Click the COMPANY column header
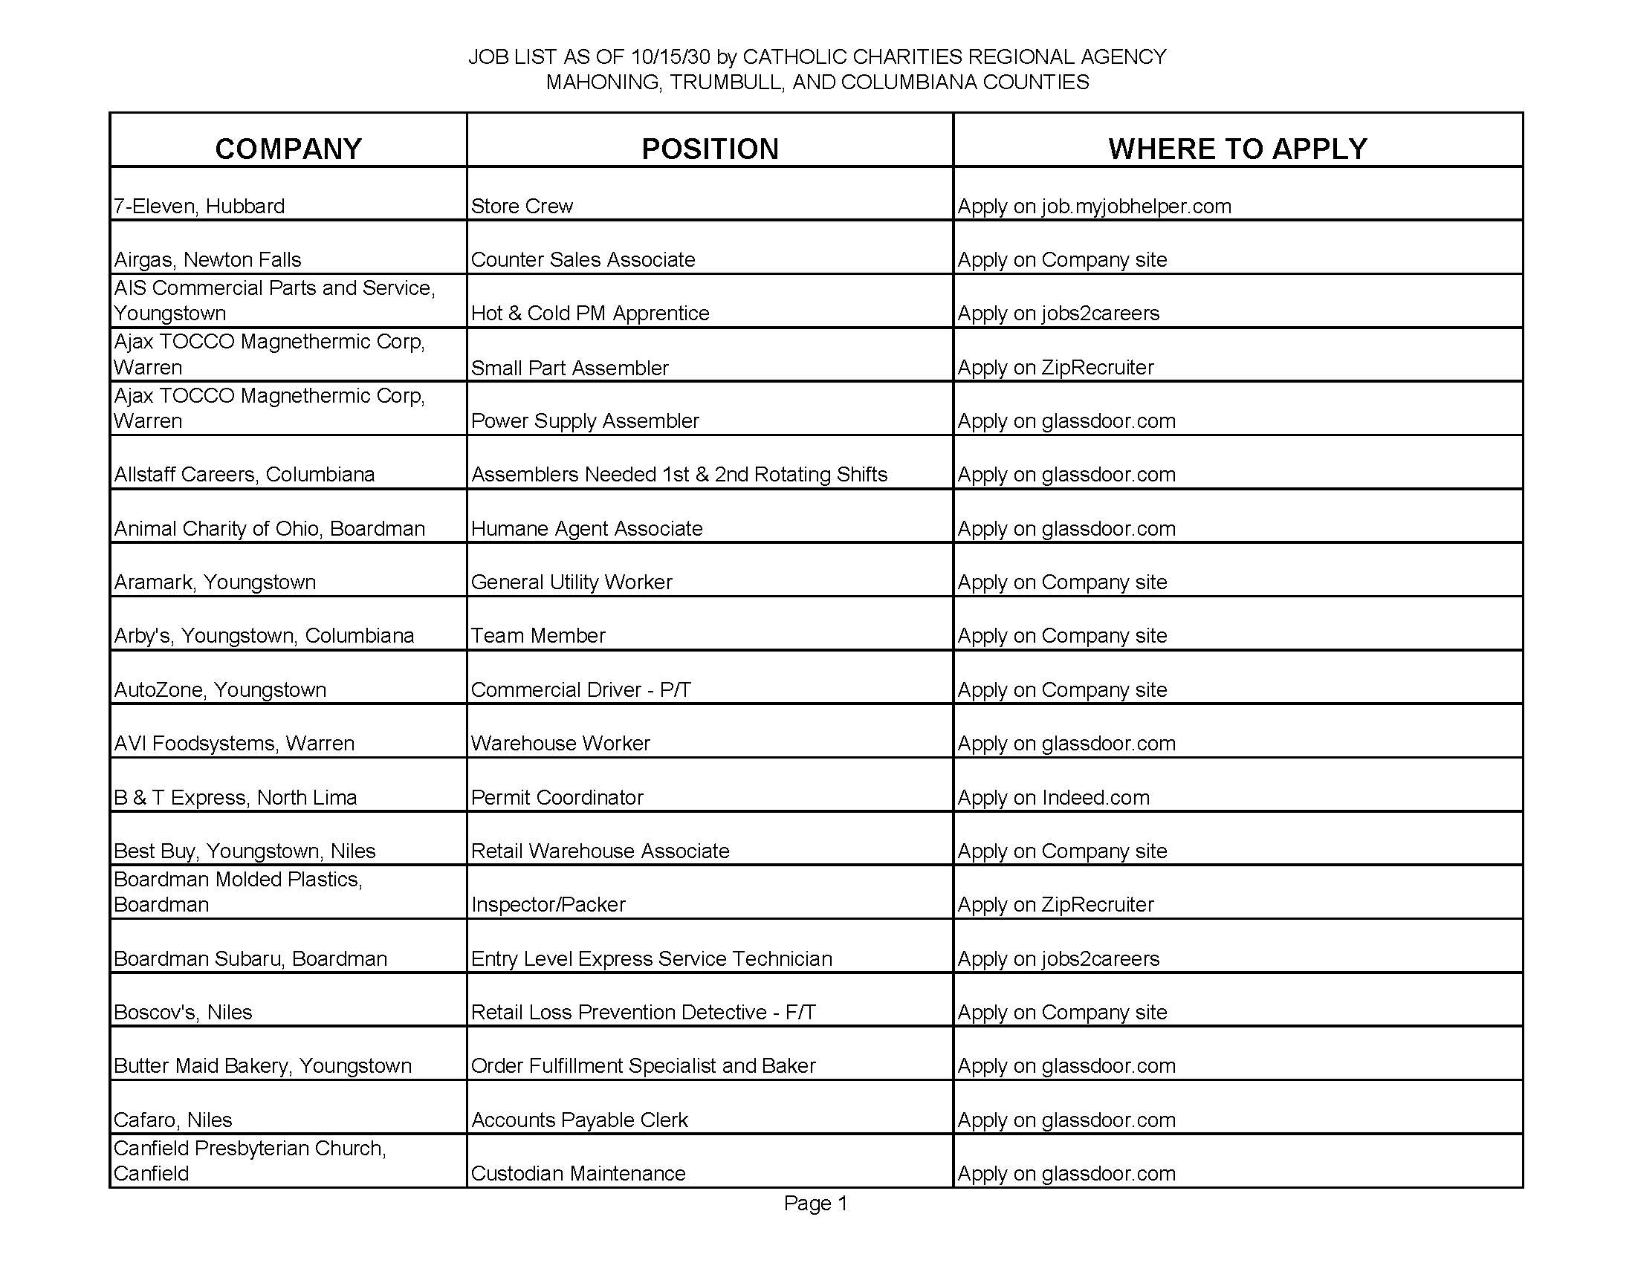[288, 148]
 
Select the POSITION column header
[710, 148]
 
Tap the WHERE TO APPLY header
[1237, 148]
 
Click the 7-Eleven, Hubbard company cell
[199, 206]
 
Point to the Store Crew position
[522, 206]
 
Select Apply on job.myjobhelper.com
[1094, 206]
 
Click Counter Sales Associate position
[583, 259]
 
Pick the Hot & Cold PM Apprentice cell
[590, 313]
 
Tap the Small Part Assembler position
[570, 367]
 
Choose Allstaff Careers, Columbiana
[244, 475]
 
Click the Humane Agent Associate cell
[587, 528]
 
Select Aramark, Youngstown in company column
[215, 582]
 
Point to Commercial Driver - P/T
[580, 689]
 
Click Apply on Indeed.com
[1053, 797]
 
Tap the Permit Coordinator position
[557, 797]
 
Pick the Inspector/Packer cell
[548, 904]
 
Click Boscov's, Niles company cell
[183, 1012]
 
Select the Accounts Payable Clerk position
[580, 1120]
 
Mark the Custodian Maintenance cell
[578, 1172]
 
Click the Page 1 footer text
[815, 1203]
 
